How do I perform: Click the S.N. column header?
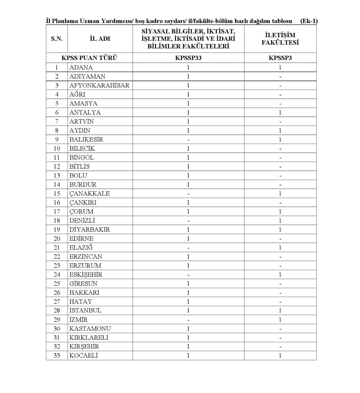click(x=57, y=39)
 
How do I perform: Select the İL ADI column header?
click(x=100, y=39)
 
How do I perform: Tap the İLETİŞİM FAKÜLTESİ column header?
click(x=280, y=39)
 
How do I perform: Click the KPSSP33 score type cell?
click(x=188, y=58)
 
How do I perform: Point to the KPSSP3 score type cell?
click(x=280, y=58)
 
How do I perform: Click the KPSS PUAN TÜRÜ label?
click(x=89, y=58)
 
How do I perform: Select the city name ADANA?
click(x=81, y=67)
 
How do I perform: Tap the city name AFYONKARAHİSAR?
click(x=99, y=85)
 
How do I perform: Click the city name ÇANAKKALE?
click(x=89, y=193)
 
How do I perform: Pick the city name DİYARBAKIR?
click(x=89, y=229)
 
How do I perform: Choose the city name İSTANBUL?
click(x=85, y=310)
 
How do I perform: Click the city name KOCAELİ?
click(x=83, y=356)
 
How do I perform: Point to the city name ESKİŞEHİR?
click(x=86, y=275)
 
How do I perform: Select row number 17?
click(x=57, y=211)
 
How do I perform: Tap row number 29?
click(x=57, y=319)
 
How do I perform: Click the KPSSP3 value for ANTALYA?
click(x=280, y=112)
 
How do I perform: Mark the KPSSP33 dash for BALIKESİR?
click(x=188, y=140)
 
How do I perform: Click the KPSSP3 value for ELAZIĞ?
click(x=280, y=247)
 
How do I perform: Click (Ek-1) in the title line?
click(x=309, y=21)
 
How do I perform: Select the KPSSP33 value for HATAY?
click(x=188, y=301)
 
